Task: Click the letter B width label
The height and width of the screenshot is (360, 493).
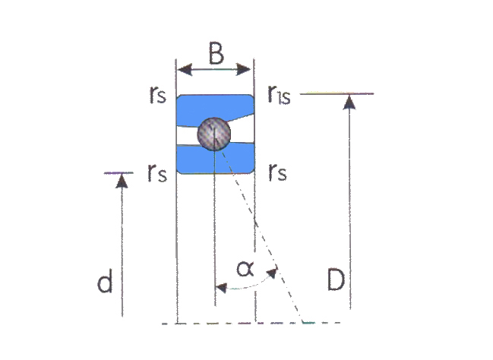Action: [x=216, y=53]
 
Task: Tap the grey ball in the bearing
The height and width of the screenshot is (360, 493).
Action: [x=213, y=134]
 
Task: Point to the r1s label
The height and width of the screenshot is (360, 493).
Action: [x=279, y=95]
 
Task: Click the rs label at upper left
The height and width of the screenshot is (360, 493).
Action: [x=157, y=94]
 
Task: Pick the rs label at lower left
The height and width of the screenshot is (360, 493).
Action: [x=157, y=173]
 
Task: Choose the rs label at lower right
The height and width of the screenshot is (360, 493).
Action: [x=277, y=172]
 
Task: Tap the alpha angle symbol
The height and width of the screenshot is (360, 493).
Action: [x=245, y=269]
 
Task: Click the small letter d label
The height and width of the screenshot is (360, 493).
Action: [x=105, y=281]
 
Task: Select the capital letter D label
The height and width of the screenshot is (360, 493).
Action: [x=336, y=279]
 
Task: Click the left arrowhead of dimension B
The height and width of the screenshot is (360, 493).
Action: [x=185, y=69]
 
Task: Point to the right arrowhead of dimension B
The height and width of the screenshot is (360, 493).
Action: [x=243, y=69]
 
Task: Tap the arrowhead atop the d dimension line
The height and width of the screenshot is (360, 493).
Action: [x=122, y=182]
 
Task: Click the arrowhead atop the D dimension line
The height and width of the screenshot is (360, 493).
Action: [x=349, y=103]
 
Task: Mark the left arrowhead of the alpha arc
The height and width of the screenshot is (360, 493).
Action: [x=221, y=287]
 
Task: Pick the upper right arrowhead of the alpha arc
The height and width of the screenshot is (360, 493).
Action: [x=272, y=273]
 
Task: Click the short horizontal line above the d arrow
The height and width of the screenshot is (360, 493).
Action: [x=119, y=172]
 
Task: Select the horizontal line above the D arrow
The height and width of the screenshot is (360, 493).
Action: [x=337, y=93]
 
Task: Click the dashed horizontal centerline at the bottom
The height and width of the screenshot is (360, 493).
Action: [x=251, y=323]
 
